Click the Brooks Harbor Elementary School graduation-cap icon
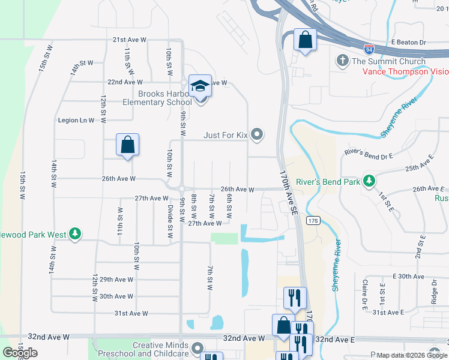pos(200,86)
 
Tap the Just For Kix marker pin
pos(258,134)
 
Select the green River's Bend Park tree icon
pos(370,181)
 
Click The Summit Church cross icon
pos(342,61)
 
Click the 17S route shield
pos(313,220)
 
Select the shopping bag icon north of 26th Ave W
pos(127,145)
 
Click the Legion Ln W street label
pos(76,120)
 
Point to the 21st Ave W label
pos(130,40)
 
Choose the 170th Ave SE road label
pos(288,192)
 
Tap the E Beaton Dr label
pos(408,43)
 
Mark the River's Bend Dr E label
pos(369,155)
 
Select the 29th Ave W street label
pos(116,280)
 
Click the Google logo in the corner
pos(20,352)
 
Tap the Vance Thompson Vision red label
pos(405,71)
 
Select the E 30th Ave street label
pos(408,276)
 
